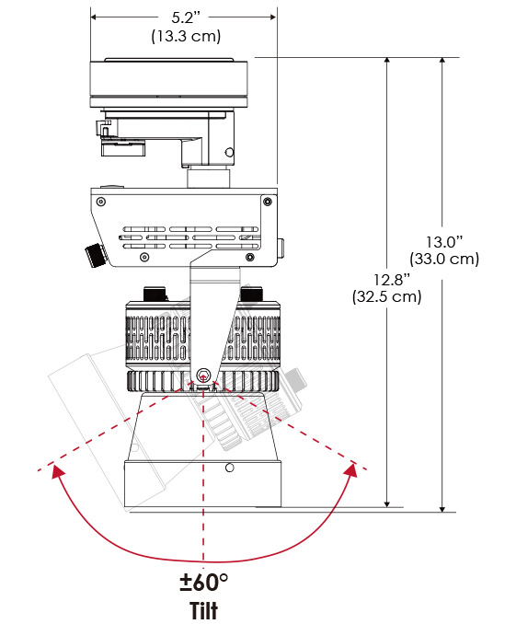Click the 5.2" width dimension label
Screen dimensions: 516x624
point(186,17)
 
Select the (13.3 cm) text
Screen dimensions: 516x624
point(186,36)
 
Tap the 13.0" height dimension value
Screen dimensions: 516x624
point(445,242)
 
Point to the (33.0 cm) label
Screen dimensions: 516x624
point(444,259)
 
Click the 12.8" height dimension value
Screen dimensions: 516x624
point(391,280)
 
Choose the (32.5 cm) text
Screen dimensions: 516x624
point(386,297)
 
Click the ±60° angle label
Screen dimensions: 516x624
point(204,583)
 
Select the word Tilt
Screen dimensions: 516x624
point(204,610)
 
